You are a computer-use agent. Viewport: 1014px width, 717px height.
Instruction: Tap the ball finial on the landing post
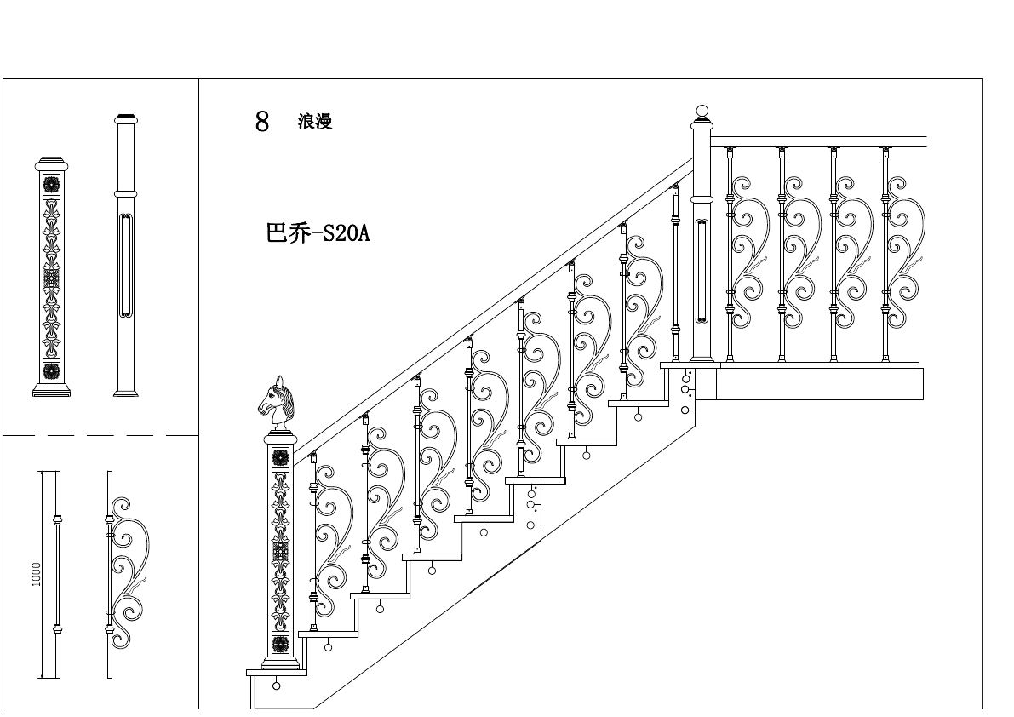pyautogui.click(x=702, y=112)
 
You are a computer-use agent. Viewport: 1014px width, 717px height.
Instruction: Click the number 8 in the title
pyautogui.click(x=262, y=122)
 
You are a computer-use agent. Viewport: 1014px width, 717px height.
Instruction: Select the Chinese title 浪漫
pyautogui.click(x=315, y=122)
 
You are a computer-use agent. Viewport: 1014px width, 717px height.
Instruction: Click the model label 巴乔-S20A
pyautogui.click(x=318, y=233)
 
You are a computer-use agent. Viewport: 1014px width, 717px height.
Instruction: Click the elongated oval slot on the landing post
pyautogui.click(x=702, y=271)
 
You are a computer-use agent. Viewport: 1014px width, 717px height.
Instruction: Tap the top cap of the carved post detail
pyautogui.click(x=51, y=162)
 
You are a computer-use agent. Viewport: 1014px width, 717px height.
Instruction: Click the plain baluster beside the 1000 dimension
pyautogui.click(x=58, y=575)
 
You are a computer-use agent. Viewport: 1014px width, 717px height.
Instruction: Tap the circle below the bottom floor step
pyautogui.click(x=276, y=685)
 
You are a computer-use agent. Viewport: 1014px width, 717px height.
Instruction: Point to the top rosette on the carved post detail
pyautogui.click(x=51, y=185)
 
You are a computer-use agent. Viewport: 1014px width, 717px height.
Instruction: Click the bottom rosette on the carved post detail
pyautogui.click(x=51, y=371)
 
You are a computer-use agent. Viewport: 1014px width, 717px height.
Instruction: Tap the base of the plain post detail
pyautogui.click(x=125, y=393)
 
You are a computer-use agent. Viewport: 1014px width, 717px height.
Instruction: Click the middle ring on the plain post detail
pyautogui.click(x=125, y=194)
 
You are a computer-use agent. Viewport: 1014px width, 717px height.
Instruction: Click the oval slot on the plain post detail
pyautogui.click(x=125, y=264)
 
